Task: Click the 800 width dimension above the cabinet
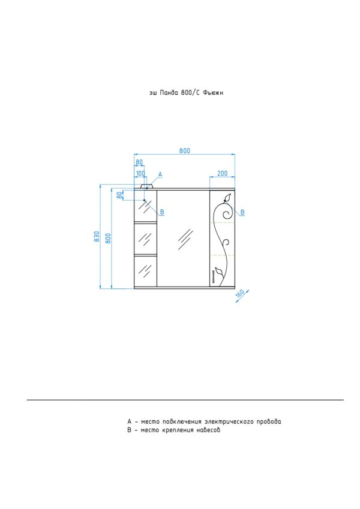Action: [185, 150]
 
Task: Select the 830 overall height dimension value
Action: [97, 237]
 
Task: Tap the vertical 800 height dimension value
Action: [108, 238]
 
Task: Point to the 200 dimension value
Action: [222, 173]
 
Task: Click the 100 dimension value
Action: [140, 173]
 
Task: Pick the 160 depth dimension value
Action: [240, 293]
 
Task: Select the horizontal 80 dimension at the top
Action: [139, 162]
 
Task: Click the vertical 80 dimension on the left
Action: [119, 195]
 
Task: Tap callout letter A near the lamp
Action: [160, 174]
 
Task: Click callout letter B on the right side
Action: [242, 213]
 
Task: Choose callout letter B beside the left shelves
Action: [162, 212]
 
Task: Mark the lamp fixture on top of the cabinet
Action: [146, 186]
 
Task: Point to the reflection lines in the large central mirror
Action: [185, 239]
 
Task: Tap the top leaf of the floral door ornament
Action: [227, 198]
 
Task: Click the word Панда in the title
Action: [169, 93]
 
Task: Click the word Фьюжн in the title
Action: [213, 93]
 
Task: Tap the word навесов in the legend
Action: [209, 430]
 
